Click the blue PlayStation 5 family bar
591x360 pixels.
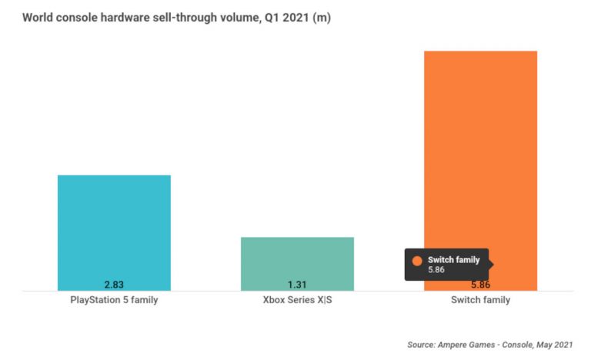(114, 231)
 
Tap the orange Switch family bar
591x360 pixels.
(480, 154)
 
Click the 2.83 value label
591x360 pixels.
(114, 285)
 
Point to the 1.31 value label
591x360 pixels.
(297, 285)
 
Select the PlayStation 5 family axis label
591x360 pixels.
(114, 300)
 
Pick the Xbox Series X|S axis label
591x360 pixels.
(297, 300)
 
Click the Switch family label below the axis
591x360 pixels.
(480, 300)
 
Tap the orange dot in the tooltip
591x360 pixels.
(417, 261)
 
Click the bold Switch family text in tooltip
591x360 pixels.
(453, 260)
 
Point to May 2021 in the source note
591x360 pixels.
(555, 345)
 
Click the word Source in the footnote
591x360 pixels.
(422, 345)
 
